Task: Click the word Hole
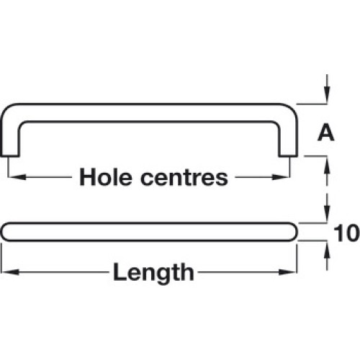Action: coord(106,177)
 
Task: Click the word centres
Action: coord(184,179)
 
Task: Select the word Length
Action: coord(153,273)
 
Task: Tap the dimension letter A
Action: coord(326,132)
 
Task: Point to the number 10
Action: coord(346,233)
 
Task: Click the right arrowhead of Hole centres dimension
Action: coord(281,177)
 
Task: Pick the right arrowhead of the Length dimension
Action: coord(287,272)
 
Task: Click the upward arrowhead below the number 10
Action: coord(327,250)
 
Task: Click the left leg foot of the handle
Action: coord(9,156)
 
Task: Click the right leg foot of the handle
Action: coord(288,156)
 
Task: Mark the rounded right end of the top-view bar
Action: coord(293,232)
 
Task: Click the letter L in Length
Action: coord(120,271)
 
